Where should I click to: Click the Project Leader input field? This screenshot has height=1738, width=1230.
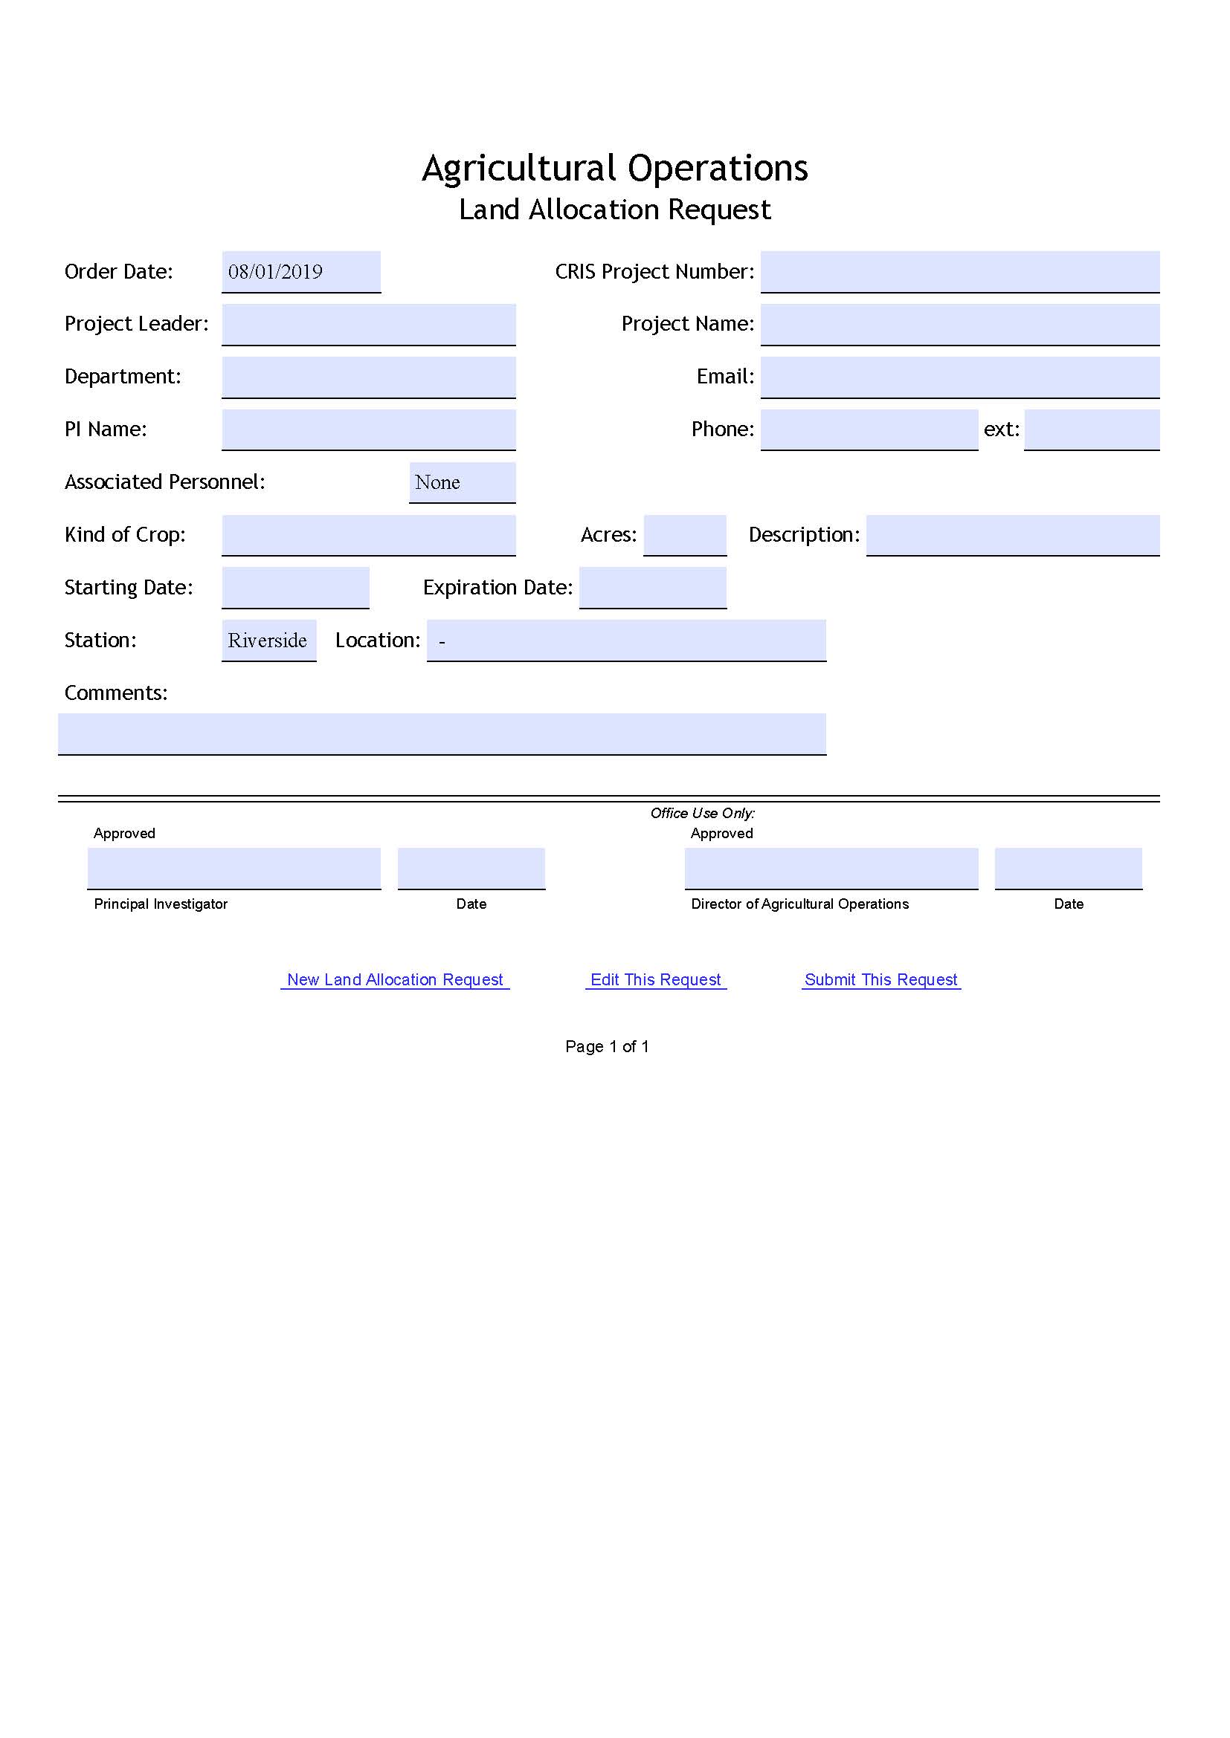[x=368, y=324]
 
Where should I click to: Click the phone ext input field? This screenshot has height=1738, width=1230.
[x=1092, y=429]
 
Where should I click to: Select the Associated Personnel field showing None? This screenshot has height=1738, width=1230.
[x=462, y=482]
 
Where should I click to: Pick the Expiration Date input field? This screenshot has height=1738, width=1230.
[x=652, y=588]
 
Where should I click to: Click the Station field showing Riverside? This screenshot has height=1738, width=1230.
[x=268, y=641]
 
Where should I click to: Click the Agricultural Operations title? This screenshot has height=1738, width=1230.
[x=614, y=168]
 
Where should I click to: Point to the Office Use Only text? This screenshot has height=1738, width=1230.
[x=702, y=813]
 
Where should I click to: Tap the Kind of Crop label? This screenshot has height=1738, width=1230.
[x=125, y=534]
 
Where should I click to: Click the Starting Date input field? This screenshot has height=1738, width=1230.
[x=295, y=588]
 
